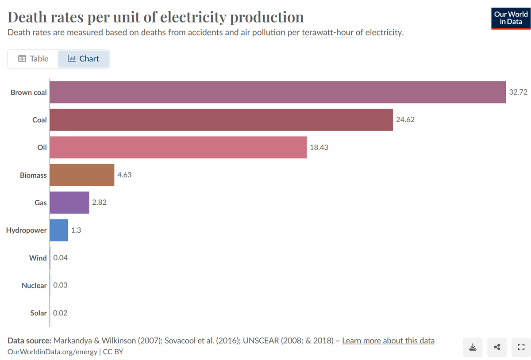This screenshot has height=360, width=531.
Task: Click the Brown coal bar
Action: click(x=277, y=92)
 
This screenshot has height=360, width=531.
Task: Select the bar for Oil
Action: click(x=178, y=148)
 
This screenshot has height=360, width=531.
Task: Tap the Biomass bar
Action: click(x=82, y=175)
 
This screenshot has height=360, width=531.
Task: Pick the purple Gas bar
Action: click(x=69, y=203)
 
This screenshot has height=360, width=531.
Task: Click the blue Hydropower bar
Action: click(x=59, y=230)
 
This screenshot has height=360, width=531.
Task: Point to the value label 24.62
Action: click(x=405, y=120)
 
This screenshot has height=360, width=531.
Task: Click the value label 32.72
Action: click(x=518, y=92)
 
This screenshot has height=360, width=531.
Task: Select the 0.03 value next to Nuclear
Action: click(x=60, y=285)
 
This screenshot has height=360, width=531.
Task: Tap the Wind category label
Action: click(x=38, y=258)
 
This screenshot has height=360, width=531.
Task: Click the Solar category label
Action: click(x=38, y=313)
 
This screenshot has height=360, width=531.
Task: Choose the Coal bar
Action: click(x=221, y=120)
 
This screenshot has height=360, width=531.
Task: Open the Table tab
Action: click(x=33, y=59)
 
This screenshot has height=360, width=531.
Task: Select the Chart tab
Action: click(x=84, y=59)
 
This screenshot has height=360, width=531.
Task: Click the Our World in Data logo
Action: click(x=510, y=18)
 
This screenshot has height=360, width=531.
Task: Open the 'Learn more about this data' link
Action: click(x=388, y=341)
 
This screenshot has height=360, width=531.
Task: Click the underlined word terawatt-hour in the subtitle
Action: click(x=327, y=33)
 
